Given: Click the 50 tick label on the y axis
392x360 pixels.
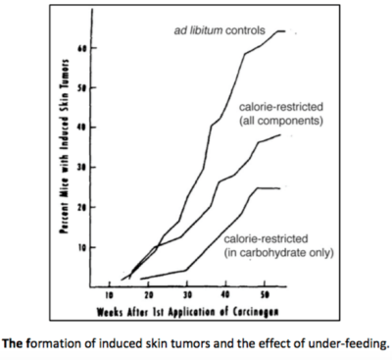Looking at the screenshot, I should [x=82, y=87].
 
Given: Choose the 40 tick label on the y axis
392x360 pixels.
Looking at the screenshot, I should [x=82, y=128].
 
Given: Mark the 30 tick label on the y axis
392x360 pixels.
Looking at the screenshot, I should [x=82, y=167].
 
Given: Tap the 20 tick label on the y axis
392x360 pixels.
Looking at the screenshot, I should [x=82, y=207].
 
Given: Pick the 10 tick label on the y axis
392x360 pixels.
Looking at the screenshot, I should [x=82, y=246].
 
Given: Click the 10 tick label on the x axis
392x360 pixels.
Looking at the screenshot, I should [x=110, y=293].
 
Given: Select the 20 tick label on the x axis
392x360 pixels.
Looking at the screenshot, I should [x=148, y=293].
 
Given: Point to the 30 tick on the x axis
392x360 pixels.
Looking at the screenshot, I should [x=186, y=293].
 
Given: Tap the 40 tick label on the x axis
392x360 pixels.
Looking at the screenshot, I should [x=224, y=293].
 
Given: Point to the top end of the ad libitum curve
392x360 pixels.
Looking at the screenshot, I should [x=283, y=31].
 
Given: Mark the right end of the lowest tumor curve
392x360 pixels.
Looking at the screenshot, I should [x=281, y=188].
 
